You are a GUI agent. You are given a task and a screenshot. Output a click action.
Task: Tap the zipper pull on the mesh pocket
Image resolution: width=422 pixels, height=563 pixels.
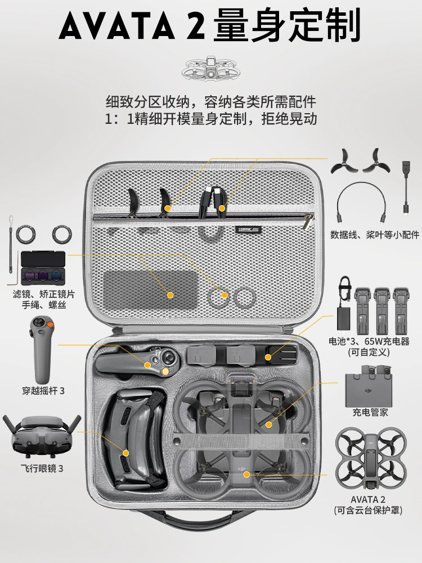pos(308,221)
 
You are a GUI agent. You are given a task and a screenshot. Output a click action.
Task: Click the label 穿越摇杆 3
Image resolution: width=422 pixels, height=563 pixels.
pos(43,391)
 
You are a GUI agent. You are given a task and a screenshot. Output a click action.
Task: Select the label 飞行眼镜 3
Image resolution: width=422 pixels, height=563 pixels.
pos(42,468)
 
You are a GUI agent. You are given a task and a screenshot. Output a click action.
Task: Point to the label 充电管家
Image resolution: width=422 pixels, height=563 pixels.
pos(370,412)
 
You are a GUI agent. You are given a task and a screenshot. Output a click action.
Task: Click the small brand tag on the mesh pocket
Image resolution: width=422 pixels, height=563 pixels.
pos(247,229)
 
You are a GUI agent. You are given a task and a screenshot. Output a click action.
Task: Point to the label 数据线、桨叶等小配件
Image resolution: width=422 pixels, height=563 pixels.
pos(375,235)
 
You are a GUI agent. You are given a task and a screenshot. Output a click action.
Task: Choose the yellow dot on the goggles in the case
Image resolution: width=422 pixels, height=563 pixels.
pos(125,453)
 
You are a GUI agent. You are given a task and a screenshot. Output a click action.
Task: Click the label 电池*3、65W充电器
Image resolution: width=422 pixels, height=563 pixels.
pos(369,342)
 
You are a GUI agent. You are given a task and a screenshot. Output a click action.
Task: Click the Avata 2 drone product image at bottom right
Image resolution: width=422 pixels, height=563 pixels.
pos(371,459)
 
